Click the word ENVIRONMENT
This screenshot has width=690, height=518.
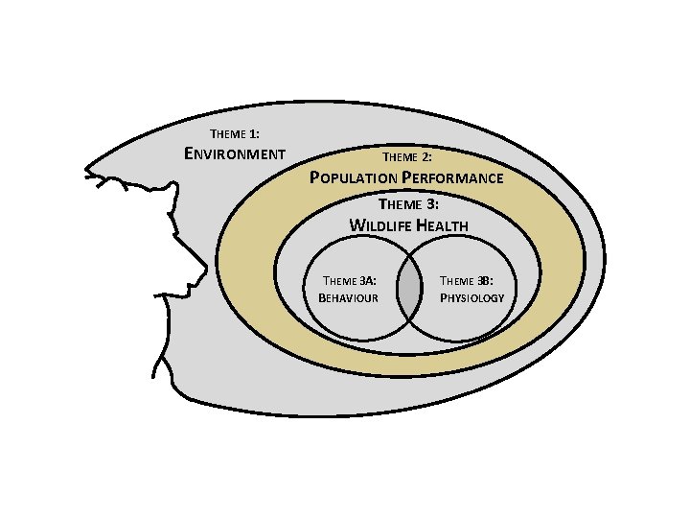tap(234, 153)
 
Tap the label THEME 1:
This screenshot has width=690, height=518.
tap(234, 133)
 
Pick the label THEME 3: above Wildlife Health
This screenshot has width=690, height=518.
tap(408, 204)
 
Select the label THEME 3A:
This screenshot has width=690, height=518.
tap(349, 281)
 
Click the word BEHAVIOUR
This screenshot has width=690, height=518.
tap(348, 297)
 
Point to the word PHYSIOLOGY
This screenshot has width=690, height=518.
tap(471, 297)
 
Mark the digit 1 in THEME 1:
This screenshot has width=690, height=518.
tap(253, 133)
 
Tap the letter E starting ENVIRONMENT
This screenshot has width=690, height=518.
tap(189, 153)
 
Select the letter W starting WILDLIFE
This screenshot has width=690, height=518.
tap(356, 225)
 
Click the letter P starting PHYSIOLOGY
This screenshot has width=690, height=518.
tap(443, 297)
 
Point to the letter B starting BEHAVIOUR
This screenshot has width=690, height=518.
tap(321, 297)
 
